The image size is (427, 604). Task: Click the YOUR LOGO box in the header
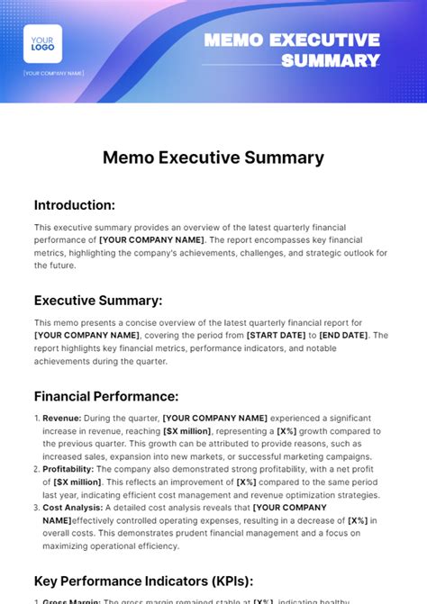click(42, 43)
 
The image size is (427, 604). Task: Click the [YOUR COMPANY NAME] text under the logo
click(54, 73)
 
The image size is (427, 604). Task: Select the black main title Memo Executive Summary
click(213, 158)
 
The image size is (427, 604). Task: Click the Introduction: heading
click(75, 204)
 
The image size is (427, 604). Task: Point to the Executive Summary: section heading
click(98, 300)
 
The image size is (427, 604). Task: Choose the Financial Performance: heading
click(106, 395)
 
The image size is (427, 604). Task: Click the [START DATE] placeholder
click(277, 335)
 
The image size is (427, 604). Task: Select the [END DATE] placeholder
click(344, 335)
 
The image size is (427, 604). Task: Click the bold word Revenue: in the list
click(61, 418)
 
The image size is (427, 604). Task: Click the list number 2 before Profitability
click(37, 469)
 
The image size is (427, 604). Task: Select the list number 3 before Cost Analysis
click(37, 508)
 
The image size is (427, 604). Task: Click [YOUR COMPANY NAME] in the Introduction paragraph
click(152, 239)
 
